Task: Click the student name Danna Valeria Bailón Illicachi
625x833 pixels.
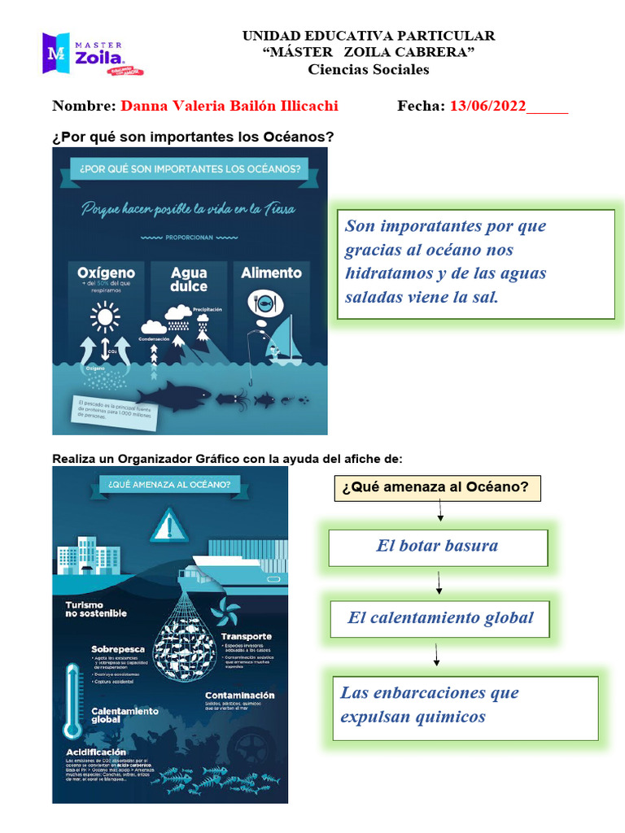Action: coord(229,106)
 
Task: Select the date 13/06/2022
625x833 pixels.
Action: coord(487,106)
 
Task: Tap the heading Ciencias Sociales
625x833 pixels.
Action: coord(368,69)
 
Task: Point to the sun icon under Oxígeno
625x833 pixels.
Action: coord(105,316)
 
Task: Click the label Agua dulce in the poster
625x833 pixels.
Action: coord(189,279)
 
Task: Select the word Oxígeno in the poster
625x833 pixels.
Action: coord(106,272)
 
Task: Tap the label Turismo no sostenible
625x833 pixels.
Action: coord(96,608)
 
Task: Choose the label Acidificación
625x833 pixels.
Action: coord(96,752)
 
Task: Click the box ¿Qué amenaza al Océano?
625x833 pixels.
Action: coord(437,488)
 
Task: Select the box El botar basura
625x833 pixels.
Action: coord(438,547)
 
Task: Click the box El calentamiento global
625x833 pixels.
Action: coord(440,618)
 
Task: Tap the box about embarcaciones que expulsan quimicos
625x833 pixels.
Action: coord(465,705)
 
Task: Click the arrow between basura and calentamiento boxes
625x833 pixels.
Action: coord(439,582)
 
